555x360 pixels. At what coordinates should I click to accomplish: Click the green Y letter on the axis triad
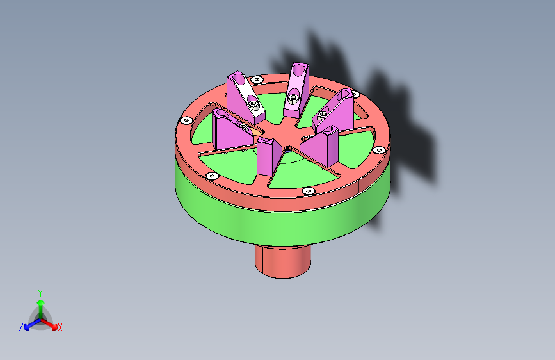pos(40,293)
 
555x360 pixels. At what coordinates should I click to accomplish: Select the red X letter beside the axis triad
pos(60,327)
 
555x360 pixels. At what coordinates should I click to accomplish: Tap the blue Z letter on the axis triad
pos(21,327)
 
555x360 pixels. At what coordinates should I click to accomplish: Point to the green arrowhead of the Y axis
pos(41,302)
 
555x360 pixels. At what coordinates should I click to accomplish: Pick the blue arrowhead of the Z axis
pos(26,327)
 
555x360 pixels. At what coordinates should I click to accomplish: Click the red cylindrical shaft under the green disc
pos(283,261)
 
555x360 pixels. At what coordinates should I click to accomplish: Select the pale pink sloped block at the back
pos(296,90)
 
